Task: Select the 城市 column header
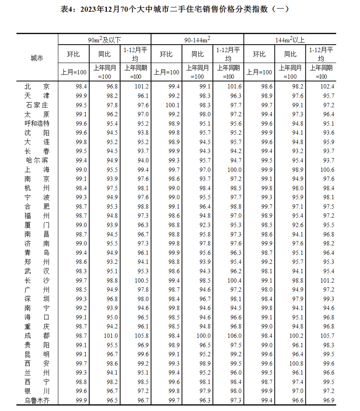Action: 37,58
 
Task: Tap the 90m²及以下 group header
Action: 104,40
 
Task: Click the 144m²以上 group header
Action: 290,40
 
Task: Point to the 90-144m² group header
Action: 197,40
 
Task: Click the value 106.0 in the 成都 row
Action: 234,335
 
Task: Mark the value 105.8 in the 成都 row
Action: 141,335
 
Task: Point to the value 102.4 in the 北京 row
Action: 327,86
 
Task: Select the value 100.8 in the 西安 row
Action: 296,363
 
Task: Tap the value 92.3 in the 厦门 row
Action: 205,225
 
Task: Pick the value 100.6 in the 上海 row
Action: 327,170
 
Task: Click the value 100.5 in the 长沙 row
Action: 141,280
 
